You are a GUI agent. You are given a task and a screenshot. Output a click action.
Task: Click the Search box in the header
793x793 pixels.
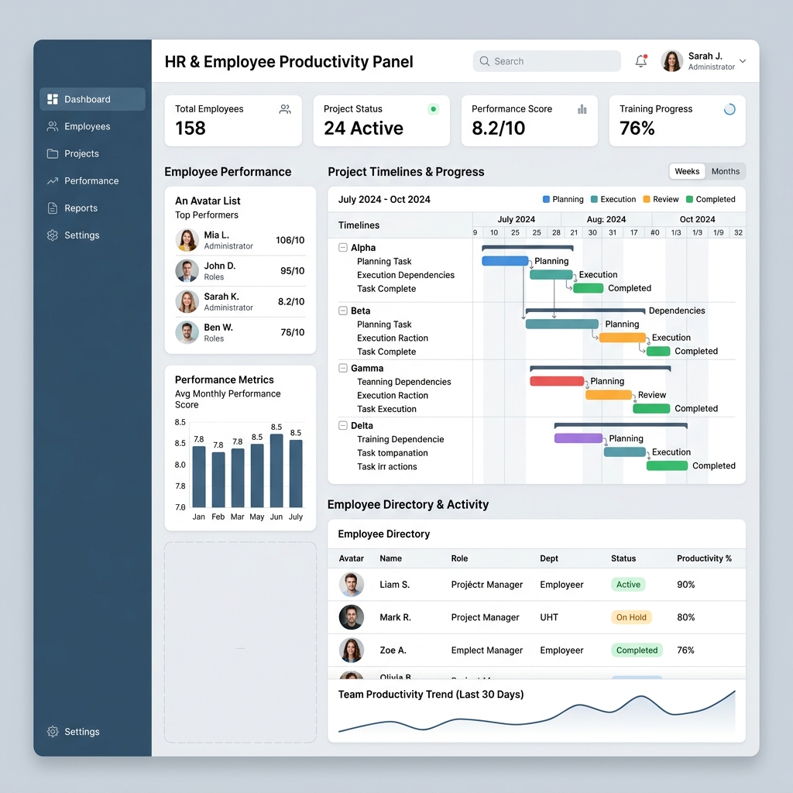pos(546,61)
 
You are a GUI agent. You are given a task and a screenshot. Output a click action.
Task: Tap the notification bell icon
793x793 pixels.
pos(640,61)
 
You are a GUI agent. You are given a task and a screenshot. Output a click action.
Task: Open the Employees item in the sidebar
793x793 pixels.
pos(87,126)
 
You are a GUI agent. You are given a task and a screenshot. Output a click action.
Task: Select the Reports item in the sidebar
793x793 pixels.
pos(81,208)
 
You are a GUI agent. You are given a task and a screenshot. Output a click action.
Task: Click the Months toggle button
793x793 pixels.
pos(726,171)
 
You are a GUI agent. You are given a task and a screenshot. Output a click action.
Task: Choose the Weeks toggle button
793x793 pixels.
pos(687,171)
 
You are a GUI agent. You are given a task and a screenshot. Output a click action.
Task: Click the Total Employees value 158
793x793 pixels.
pos(191,129)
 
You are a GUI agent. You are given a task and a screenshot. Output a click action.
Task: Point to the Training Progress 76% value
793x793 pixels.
pos(637,129)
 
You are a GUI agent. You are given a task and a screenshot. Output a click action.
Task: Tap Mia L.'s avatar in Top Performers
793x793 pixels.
pos(187,240)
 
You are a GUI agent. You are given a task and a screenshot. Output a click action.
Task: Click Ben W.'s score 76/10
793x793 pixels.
pos(292,332)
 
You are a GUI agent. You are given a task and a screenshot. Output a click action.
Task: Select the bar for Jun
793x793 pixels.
pos(276,471)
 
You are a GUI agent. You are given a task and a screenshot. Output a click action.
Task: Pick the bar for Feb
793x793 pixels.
pos(218,479)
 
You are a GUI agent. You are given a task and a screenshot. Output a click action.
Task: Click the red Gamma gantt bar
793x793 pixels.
pos(556,381)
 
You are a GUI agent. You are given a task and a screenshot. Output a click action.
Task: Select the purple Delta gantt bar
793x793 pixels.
pos(578,438)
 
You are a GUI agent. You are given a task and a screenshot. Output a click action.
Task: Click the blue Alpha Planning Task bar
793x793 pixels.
pos(505,261)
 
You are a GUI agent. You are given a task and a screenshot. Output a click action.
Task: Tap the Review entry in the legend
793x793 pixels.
pos(660,199)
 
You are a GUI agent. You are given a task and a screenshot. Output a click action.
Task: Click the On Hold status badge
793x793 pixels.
pos(631,617)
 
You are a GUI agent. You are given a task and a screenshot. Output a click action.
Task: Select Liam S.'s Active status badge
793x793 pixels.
pos(628,585)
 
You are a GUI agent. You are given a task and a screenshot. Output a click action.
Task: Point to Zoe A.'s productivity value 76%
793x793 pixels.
pos(685,651)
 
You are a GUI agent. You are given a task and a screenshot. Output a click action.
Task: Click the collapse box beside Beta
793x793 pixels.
pos(343,311)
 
